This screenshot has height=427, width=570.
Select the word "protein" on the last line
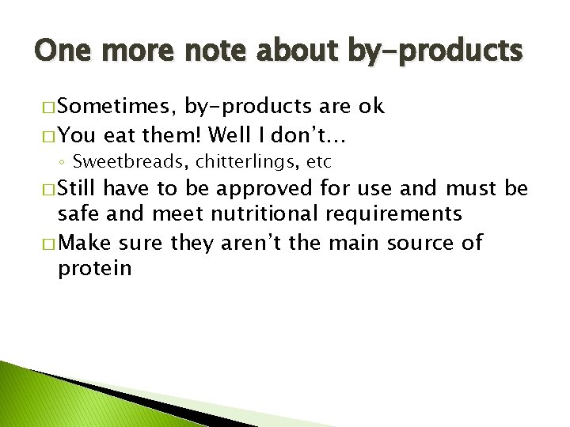pyautogui.click(x=94, y=267)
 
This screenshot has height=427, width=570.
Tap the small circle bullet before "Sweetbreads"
pyautogui.click(x=62, y=163)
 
